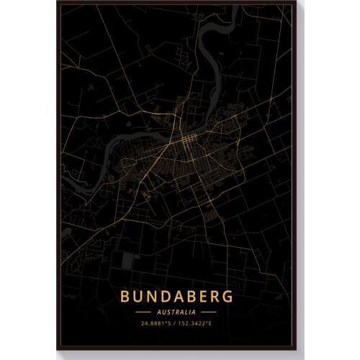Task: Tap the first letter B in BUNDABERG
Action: click(127, 296)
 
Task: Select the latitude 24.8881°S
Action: click(154, 325)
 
